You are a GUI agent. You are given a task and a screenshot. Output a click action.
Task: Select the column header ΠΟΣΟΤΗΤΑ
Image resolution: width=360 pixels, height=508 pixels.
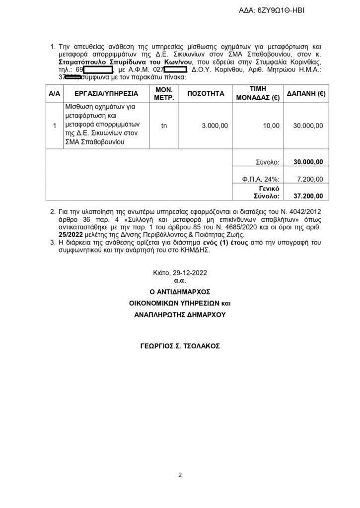[206, 93]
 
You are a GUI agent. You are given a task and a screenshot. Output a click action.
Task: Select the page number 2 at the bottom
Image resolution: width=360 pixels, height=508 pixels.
[180, 475]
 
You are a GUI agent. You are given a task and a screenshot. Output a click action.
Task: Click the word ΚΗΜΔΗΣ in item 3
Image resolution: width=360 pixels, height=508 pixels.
[197, 252]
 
